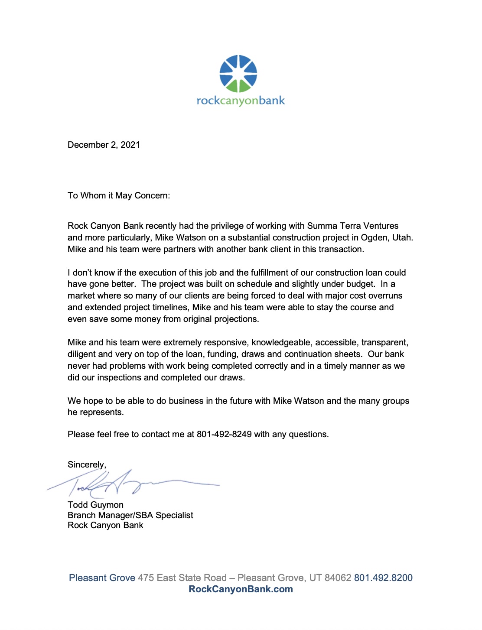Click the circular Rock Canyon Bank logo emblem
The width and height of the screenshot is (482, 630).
pos(238,74)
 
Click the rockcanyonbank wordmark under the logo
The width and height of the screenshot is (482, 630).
pos(241,101)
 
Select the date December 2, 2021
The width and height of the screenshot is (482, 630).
pos(104,145)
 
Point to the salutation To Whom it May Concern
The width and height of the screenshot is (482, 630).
pos(118,195)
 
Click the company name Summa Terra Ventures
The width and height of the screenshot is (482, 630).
pos(352,226)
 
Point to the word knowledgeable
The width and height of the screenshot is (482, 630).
pos(281,343)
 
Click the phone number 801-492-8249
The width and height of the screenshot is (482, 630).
pos(224,434)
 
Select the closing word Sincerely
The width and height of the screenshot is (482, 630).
pos(86,464)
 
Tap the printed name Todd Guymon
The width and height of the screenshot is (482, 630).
pos(95,505)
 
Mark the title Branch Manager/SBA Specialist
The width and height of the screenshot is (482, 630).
pos(130,515)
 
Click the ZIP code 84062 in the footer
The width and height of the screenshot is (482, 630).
pos(338,578)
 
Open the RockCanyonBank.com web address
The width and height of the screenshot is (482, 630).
pos(241,589)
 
